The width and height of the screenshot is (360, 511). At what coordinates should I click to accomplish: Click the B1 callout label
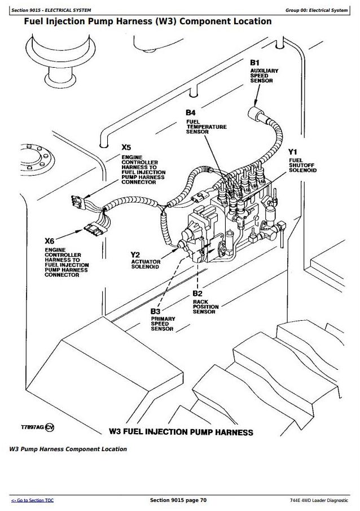255,62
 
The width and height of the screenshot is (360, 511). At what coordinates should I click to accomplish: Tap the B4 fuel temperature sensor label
191,113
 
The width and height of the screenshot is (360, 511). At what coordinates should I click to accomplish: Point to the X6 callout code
51,241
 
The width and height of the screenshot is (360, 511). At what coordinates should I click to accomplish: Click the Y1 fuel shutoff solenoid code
292,152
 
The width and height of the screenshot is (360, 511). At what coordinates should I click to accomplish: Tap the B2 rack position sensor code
197,294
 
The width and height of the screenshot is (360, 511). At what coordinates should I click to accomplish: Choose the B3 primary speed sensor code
155,311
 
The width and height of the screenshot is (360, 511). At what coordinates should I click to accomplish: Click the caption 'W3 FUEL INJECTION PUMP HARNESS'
181,433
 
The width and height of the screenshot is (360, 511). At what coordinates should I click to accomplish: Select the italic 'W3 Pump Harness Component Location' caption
68,449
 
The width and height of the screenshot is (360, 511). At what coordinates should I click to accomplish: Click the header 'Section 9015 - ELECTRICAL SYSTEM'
55,10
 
